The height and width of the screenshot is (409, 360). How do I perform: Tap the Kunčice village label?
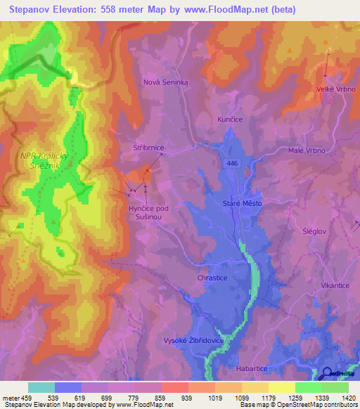coord(230,120)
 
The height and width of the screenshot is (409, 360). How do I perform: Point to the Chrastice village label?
coord(212,278)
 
